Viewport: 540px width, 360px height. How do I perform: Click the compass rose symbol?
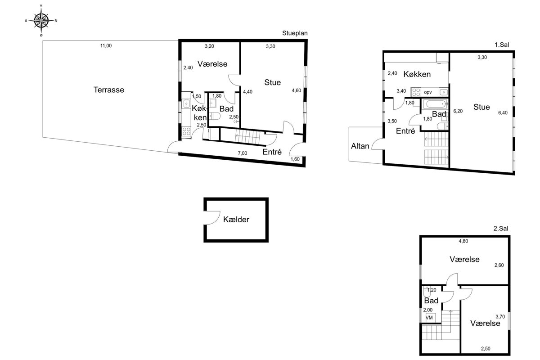pos(41,21)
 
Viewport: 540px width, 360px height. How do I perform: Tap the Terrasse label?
pos(109,90)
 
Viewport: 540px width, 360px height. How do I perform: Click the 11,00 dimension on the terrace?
pos(106,45)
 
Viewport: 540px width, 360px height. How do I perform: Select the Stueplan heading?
pos(295,33)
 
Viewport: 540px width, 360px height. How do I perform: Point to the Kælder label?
pos(236,220)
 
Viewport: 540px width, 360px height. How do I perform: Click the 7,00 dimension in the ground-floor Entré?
pos(243,153)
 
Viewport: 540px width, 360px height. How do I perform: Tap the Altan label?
pos(360,146)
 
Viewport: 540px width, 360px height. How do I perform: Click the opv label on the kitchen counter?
pos(428,92)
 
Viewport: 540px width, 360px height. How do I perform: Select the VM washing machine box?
pos(429,318)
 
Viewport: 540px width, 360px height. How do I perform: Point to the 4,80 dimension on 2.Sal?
pos(463,241)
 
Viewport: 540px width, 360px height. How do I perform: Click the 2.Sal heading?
pos(501,228)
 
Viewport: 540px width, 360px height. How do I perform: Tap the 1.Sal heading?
pos(502,45)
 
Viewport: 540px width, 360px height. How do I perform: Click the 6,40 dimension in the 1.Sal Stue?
pos(503,112)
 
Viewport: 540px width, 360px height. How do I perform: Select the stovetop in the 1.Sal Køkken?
pos(416,92)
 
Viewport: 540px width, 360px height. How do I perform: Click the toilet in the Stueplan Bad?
pos(215,117)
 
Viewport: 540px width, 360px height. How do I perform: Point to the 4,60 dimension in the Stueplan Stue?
pos(296,90)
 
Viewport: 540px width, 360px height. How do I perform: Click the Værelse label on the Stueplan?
pos(212,64)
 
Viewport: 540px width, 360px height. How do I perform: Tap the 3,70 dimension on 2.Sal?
pos(500,317)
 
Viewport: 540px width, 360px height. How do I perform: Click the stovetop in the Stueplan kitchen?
pos(186,132)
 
